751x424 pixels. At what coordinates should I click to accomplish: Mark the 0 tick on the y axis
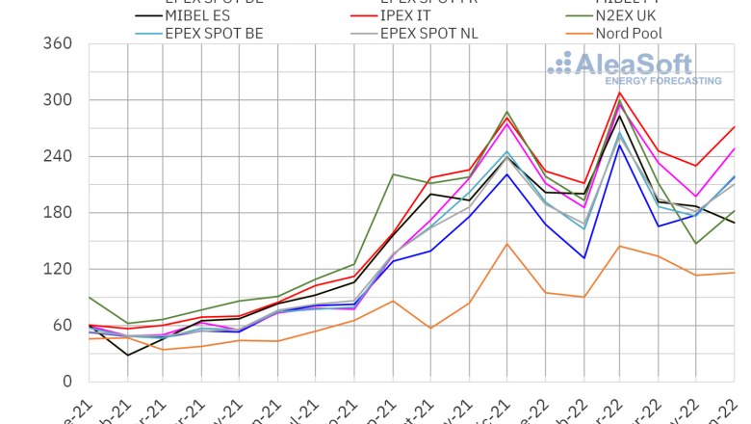[68, 382]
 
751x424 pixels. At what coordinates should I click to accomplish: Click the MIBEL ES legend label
[204, 15]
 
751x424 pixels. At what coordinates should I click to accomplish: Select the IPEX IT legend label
[415, 15]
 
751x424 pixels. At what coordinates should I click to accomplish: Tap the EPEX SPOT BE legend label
[214, 33]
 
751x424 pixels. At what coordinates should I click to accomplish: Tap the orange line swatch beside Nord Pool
[578, 34]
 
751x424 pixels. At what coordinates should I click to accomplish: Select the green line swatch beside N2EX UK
[578, 16]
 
